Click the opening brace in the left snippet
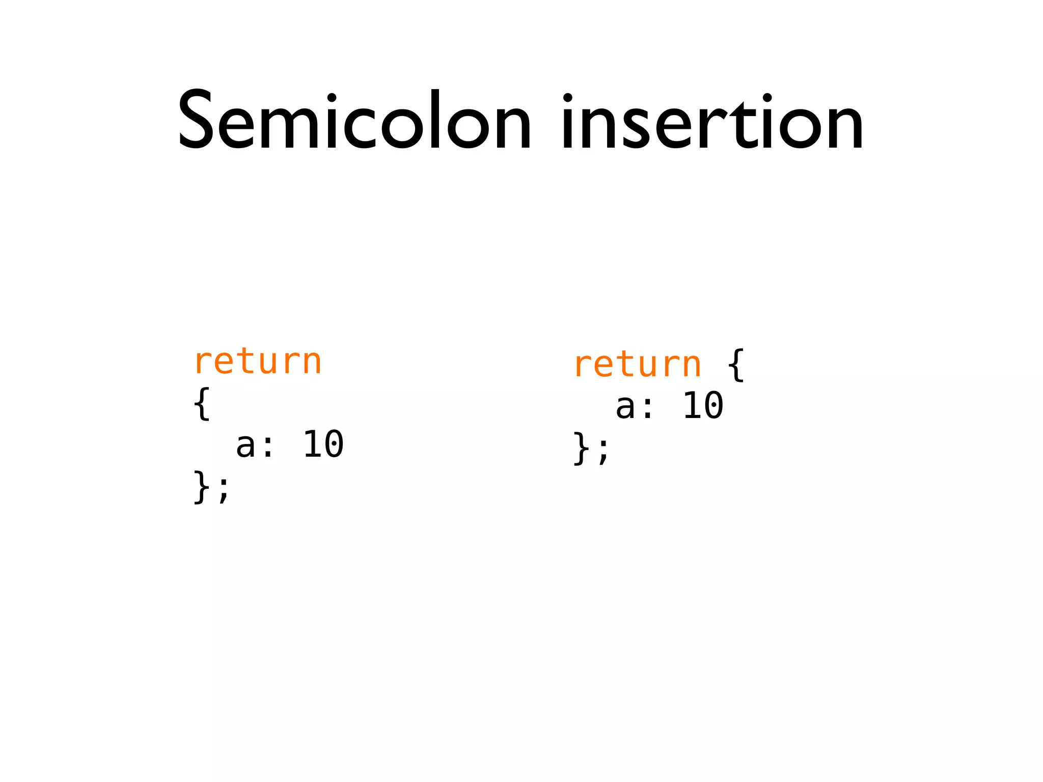202,404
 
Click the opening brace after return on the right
736,365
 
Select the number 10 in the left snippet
323,444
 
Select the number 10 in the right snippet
703,406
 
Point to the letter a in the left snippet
245,445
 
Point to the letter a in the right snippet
625,407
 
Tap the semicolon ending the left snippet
224,490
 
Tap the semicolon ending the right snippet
603,451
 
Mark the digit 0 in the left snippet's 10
334,444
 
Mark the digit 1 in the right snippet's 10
692,406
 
